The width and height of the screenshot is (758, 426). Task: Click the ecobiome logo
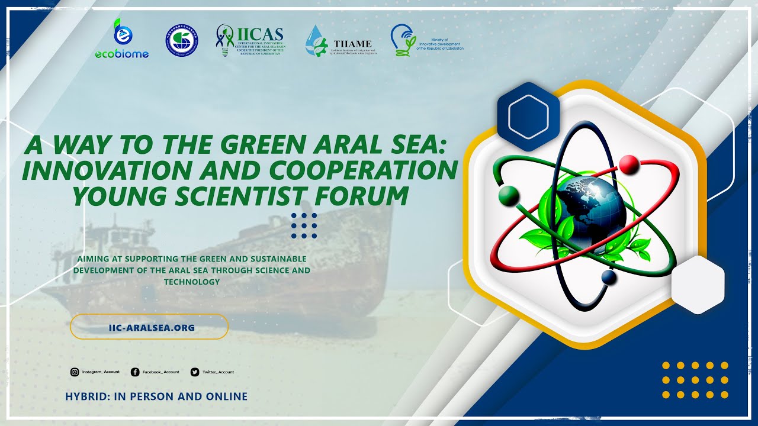coord(122,39)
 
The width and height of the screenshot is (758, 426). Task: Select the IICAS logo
coord(249,40)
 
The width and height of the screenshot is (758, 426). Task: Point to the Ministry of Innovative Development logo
coord(426,40)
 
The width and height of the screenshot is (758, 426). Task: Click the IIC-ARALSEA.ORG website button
coord(149,327)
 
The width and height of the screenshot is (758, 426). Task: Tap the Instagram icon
coord(75,372)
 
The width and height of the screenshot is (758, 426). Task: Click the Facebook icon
coord(135,372)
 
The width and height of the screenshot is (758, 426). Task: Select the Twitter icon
coord(195,372)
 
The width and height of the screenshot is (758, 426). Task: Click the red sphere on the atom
coord(628,163)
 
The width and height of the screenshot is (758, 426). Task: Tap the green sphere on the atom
coord(508,195)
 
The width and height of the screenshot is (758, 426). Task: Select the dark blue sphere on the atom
coord(609,277)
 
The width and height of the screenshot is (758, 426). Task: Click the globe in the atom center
coord(590,208)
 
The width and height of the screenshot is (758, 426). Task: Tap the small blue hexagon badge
coord(528,117)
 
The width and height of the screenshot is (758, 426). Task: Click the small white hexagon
coord(698,285)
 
